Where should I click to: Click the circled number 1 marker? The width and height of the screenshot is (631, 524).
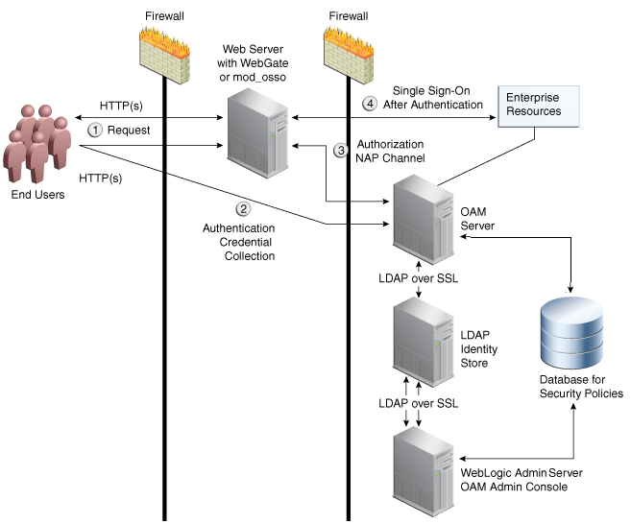[x=95, y=130]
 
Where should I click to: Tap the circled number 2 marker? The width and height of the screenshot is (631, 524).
[x=243, y=208]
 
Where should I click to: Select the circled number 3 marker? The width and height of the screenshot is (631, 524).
[x=339, y=151]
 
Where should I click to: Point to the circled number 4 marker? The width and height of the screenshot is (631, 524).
[x=369, y=103]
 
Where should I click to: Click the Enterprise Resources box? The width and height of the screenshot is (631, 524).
[x=535, y=106]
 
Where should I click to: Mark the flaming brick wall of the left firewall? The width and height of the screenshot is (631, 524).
[x=165, y=47]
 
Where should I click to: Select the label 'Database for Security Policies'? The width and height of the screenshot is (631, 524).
[x=580, y=387]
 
